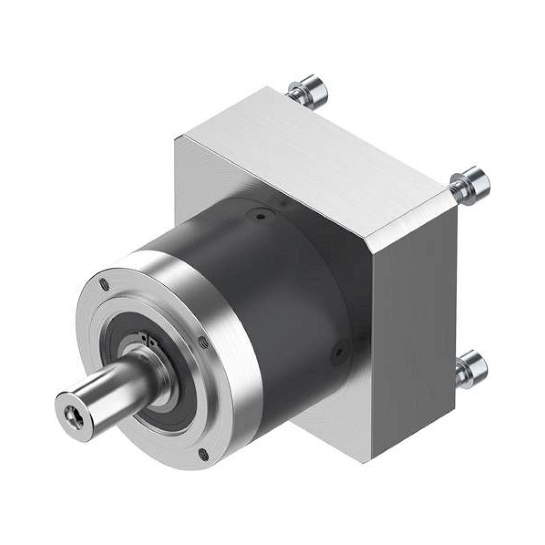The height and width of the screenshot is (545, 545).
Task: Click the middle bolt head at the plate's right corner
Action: point(480,183)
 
